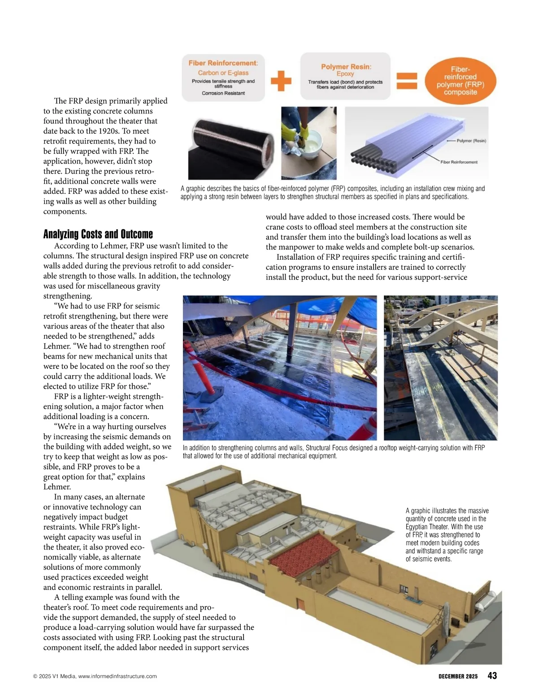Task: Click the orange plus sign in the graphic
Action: pyautogui.click(x=281, y=81)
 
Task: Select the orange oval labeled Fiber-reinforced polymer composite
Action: pyautogui.click(x=460, y=81)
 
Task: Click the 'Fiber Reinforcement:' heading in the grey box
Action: pyautogui.click(x=223, y=63)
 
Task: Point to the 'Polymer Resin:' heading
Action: pyautogui.click(x=346, y=66)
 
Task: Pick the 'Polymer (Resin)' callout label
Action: pyautogui.click(x=471, y=141)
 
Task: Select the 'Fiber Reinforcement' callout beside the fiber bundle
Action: pyautogui.click(x=459, y=162)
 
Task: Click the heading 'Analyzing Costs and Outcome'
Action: pyautogui.click(x=98, y=234)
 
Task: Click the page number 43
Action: pyautogui.click(x=492, y=676)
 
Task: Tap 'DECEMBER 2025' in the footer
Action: pyautogui.click(x=458, y=676)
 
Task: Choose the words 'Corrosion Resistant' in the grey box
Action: pyautogui.click(x=223, y=93)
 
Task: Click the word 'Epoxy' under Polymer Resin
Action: pyautogui.click(x=345, y=74)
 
